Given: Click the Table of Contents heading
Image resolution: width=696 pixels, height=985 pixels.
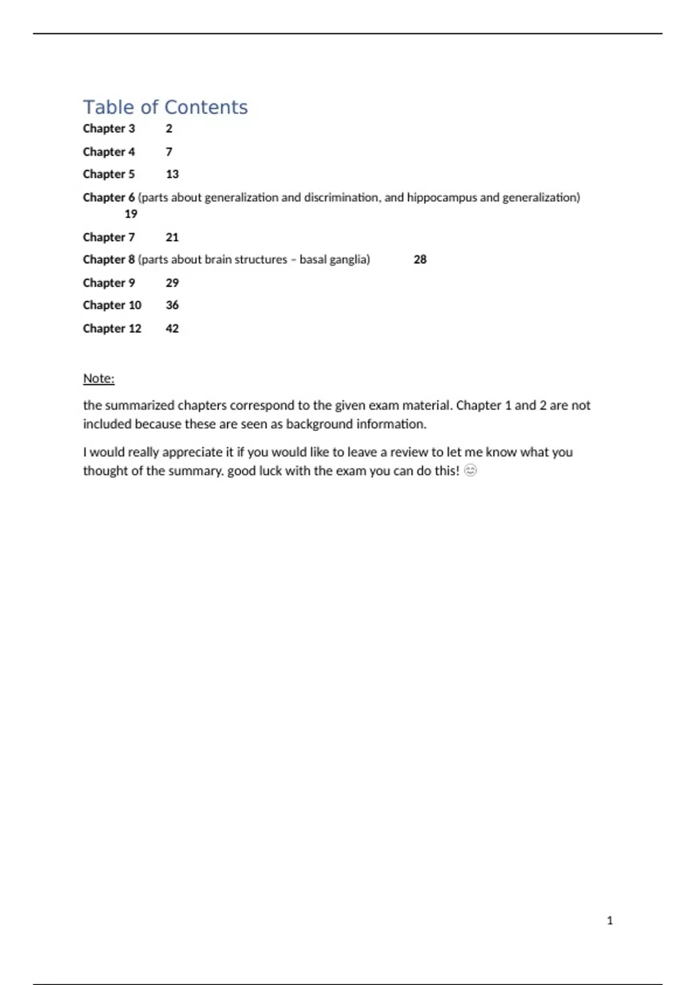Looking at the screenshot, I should (165, 107).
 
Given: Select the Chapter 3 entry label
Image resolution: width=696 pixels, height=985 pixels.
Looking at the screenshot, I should (109, 129).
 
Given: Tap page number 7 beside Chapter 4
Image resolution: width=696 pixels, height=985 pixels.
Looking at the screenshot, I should (169, 152).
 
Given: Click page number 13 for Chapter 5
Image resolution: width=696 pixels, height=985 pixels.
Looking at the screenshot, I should (172, 174).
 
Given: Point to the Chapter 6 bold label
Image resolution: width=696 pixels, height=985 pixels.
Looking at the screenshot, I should (109, 198).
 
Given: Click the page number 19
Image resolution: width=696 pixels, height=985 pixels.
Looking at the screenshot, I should (131, 214).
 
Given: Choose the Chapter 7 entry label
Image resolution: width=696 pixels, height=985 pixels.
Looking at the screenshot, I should (109, 238).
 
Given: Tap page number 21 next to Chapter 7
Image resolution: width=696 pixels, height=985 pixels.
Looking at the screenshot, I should (172, 238).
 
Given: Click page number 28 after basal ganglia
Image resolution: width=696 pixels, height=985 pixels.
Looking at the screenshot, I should (420, 260).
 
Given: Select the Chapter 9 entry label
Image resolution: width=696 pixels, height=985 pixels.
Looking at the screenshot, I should (109, 283).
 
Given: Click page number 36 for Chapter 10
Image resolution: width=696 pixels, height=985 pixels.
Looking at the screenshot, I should (172, 305).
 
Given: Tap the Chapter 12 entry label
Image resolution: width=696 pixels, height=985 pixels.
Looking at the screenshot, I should (112, 329).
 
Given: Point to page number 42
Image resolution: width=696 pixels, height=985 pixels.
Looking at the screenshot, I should (172, 329).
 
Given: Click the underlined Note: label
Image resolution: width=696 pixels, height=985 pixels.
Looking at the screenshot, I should (99, 378).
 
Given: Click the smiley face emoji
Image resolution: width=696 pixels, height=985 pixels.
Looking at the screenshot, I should (470, 470).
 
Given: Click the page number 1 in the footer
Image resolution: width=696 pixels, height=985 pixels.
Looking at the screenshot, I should (610, 921).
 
